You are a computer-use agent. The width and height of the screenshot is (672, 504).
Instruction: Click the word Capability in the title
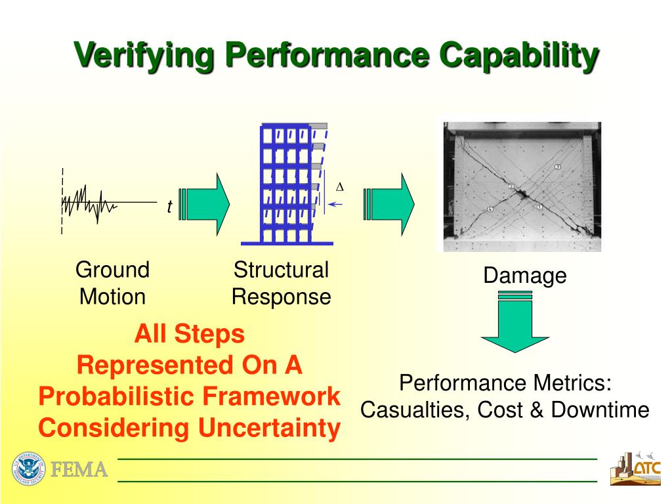(x=518, y=55)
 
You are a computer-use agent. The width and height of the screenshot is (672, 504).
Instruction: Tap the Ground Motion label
(x=112, y=283)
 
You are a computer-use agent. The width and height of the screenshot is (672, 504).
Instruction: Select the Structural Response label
(x=281, y=283)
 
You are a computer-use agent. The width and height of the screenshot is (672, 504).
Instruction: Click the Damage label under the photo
(x=524, y=276)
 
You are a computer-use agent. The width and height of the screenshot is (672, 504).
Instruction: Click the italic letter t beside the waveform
(x=169, y=207)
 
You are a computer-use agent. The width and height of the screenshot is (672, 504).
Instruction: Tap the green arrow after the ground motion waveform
(x=205, y=204)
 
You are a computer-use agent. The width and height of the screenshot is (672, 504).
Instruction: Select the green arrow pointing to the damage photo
(x=390, y=204)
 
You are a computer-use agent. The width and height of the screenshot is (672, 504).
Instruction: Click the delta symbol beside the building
(x=340, y=187)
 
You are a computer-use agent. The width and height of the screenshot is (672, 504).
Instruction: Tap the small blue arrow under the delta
(x=335, y=204)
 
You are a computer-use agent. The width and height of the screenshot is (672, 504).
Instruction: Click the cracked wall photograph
(x=522, y=186)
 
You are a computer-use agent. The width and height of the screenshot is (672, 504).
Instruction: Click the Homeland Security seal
(x=28, y=469)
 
